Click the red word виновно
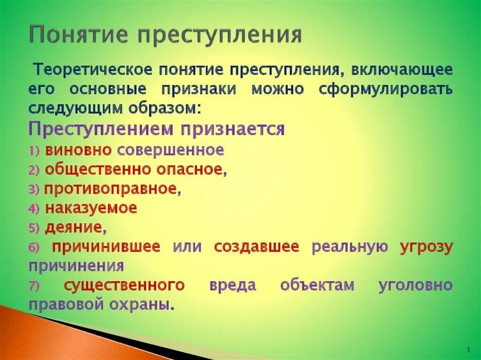point(78,150)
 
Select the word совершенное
point(170,150)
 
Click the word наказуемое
point(91,208)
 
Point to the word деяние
point(73,228)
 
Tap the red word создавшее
point(256,247)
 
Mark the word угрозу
point(426,247)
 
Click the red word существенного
point(124,285)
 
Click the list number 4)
point(35,208)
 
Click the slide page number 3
point(468,349)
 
